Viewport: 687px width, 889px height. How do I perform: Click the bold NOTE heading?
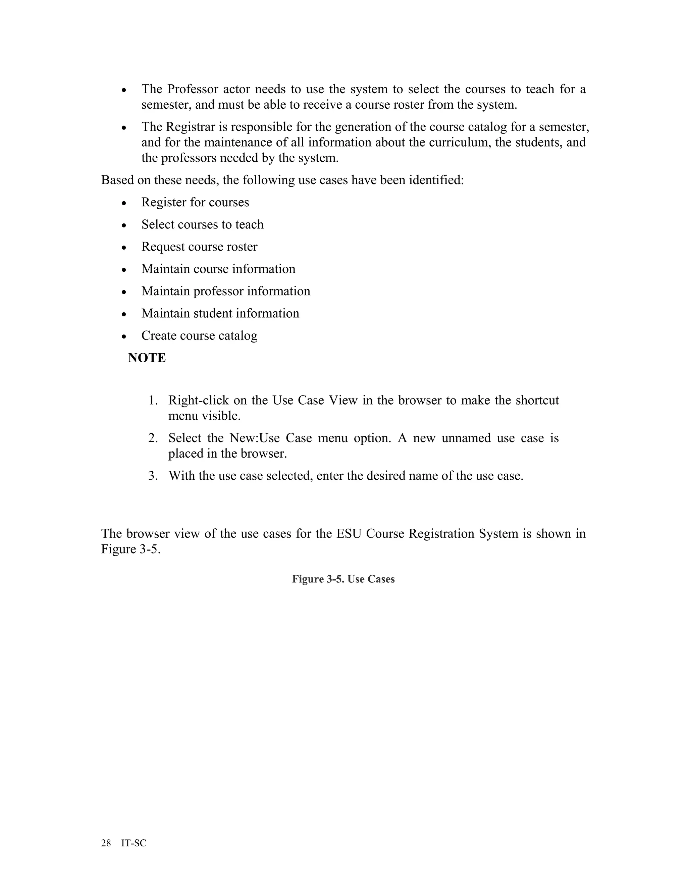click(147, 358)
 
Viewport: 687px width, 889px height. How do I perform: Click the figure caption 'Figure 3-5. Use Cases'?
click(343, 579)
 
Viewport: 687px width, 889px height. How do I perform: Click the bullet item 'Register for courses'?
click(195, 202)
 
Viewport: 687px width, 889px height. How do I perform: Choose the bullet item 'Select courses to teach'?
click(202, 224)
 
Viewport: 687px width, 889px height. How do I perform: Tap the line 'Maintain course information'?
click(218, 269)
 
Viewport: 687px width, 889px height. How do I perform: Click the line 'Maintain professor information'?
click(225, 291)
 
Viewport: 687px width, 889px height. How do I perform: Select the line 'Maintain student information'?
click(220, 313)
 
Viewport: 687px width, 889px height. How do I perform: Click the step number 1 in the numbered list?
click(153, 401)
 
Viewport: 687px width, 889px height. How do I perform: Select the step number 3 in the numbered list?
click(153, 476)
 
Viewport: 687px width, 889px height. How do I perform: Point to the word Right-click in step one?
click(198, 401)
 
